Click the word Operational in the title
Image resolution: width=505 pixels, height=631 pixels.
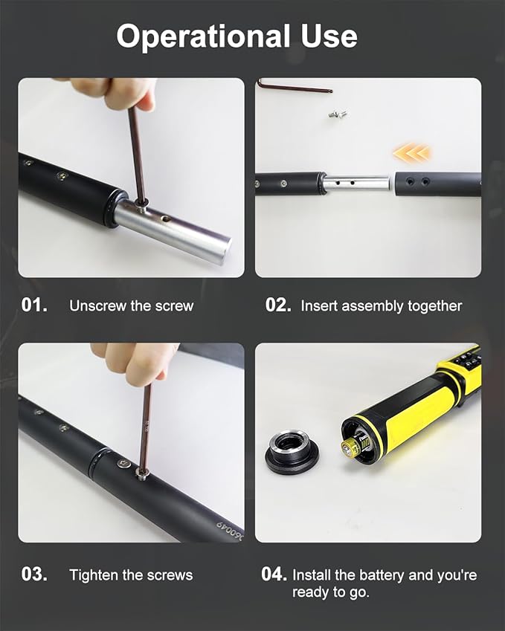point(203,37)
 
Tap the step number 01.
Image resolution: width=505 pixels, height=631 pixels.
point(34,305)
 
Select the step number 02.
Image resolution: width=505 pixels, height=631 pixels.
point(278,305)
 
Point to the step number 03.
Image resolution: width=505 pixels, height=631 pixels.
point(34,574)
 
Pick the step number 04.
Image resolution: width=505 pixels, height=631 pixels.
point(274,574)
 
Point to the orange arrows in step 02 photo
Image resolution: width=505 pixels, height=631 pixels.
point(411,153)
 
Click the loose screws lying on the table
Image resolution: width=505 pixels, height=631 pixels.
point(338,114)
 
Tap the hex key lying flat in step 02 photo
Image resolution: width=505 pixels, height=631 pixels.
point(296,86)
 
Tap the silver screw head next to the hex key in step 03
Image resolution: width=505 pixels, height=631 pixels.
point(124,464)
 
